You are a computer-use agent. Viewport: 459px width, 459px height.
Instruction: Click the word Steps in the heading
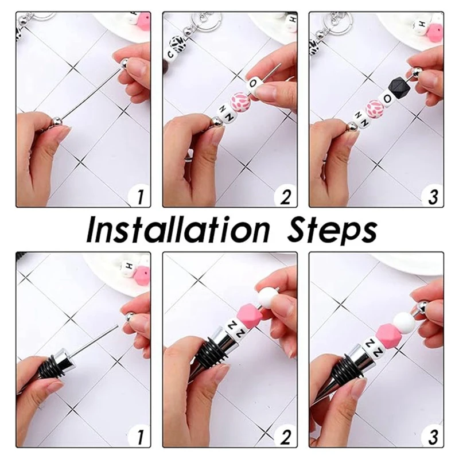click(332, 231)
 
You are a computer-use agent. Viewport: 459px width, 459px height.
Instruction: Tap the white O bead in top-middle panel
click(254, 85)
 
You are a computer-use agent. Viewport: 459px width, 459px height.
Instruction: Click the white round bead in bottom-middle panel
click(268, 296)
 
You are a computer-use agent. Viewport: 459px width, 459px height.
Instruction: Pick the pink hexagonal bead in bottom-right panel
click(388, 334)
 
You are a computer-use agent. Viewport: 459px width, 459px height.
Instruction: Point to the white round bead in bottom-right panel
click(404, 322)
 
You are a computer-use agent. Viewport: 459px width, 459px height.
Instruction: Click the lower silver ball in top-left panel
click(57, 121)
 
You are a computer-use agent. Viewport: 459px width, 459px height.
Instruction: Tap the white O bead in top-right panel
click(386, 99)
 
